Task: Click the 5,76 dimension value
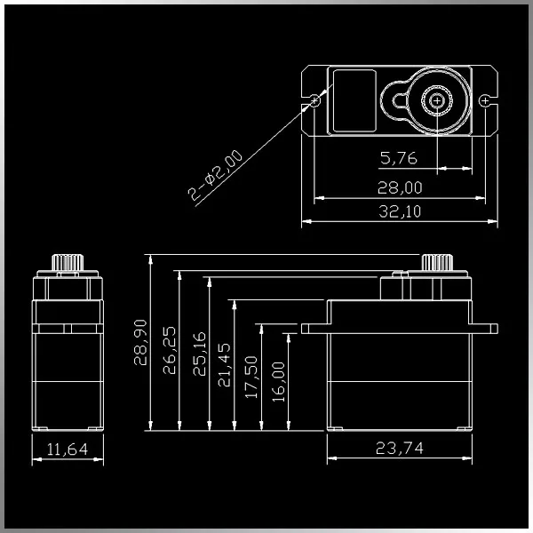pyautogui.click(x=399, y=159)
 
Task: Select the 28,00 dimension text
pyautogui.click(x=401, y=187)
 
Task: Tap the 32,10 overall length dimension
pyautogui.click(x=401, y=211)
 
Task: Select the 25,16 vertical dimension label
pyautogui.click(x=198, y=353)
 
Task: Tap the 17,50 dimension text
pyautogui.click(x=251, y=378)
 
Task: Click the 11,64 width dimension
pyautogui.click(x=67, y=449)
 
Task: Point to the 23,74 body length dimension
pyautogui.click(x=400, y=448)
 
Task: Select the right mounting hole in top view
pyautogui.click(x=483, y=100)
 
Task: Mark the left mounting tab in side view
pyautogui.click(x=314, y=329)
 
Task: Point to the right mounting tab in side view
pyautogui.click(x=483, y=329)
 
